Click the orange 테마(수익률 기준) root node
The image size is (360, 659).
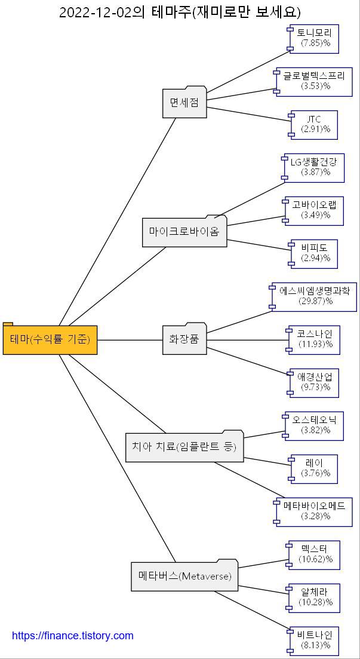tap(50, 340)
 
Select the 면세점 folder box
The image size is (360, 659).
tap(184, 103)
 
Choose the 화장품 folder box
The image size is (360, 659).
tap(184, 339)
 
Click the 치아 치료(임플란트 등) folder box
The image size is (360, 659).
tap(184, 446)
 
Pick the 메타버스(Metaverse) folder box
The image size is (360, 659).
tap(184, 577)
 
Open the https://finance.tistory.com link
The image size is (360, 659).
tap(73, 636)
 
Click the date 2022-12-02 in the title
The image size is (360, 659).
tap(95, 12)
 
